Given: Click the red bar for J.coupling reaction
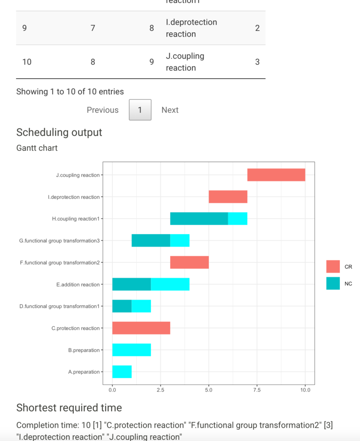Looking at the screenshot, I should (276, 175).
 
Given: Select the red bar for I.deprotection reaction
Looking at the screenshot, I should (228, 197).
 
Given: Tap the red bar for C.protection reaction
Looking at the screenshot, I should (141, 328).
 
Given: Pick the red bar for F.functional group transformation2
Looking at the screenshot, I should (189, 262).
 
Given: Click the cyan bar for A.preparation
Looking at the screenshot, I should (122, 372).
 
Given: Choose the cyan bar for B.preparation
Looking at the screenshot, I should (131, 350).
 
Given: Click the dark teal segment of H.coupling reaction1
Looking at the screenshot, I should (199, 218).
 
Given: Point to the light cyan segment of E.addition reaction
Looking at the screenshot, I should (170, 284).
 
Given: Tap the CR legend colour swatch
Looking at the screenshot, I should (333, 267).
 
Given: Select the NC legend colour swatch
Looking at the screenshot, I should (333, 283).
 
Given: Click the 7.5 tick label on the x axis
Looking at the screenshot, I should (257, 390).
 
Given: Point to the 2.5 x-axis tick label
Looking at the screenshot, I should (160, 390).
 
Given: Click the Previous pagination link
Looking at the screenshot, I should (103, 110).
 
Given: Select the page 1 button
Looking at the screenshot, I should (140, 110).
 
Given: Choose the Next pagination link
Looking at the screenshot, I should (170, 110).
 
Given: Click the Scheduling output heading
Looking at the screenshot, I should (59, 132).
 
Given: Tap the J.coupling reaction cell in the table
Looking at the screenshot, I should (185, 62).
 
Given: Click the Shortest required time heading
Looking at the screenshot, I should (69, 407).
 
